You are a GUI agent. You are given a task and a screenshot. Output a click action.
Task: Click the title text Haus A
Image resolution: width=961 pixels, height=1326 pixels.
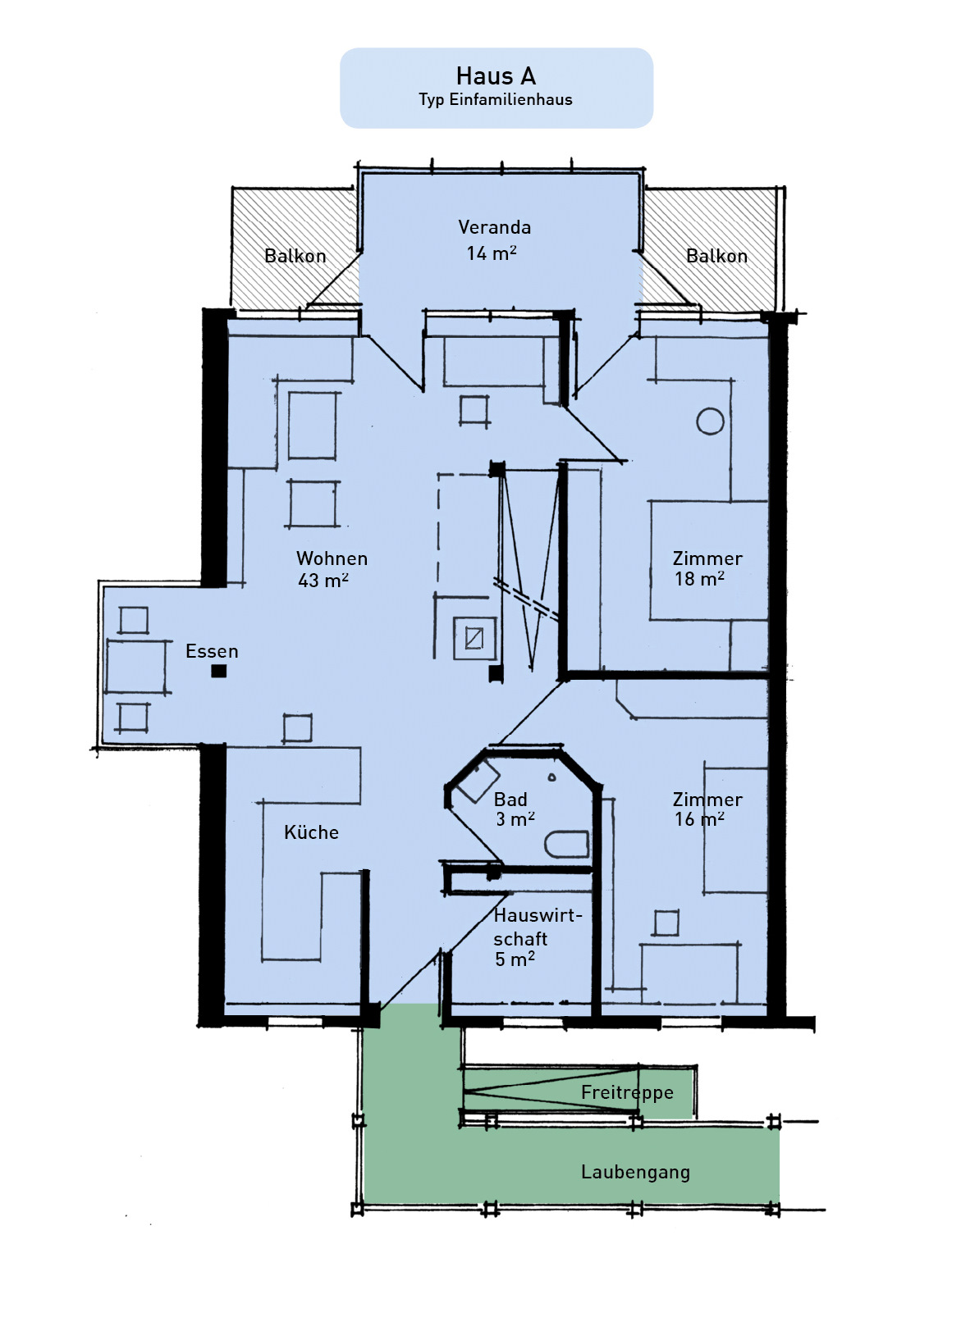496,75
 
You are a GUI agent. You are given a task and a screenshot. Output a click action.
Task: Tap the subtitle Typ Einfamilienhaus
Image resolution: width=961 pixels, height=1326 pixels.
496,99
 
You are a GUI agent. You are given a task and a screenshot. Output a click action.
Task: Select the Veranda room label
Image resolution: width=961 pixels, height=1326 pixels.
494,227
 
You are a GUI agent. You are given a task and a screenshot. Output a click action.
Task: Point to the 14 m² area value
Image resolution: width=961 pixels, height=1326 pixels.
491,253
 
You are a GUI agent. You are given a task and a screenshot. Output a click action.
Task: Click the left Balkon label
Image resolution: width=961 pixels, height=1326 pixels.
295,256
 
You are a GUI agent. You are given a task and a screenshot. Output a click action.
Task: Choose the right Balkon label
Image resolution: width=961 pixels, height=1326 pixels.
716,256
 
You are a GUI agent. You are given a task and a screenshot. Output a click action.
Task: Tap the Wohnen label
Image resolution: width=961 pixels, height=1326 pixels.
332,558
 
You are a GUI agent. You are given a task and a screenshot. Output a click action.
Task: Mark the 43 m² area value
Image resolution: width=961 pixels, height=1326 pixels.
323,581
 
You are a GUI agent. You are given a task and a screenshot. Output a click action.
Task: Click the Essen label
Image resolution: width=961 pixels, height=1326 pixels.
212,651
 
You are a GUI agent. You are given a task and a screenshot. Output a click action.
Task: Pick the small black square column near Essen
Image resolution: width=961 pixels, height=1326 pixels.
219,671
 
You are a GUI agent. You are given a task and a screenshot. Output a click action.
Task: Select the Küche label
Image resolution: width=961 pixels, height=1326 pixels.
311,832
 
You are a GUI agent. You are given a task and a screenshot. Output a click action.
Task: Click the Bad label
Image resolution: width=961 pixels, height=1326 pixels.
510,800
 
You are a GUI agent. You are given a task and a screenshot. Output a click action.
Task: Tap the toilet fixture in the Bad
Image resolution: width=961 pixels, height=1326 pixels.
567,844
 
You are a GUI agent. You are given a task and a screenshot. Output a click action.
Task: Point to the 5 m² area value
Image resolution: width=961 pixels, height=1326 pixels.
515,959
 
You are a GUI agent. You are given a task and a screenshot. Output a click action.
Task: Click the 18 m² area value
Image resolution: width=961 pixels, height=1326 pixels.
699,579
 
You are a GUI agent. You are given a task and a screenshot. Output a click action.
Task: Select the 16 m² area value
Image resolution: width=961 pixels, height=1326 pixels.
699,819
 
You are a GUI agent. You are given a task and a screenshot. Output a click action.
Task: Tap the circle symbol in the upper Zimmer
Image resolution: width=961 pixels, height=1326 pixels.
710,421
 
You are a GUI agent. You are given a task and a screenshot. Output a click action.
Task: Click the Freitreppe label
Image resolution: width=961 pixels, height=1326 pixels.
627,1092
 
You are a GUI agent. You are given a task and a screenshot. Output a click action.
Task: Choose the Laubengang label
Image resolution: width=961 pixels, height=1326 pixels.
635,1172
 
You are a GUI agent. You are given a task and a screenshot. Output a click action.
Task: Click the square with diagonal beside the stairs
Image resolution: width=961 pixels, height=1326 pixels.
474,638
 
